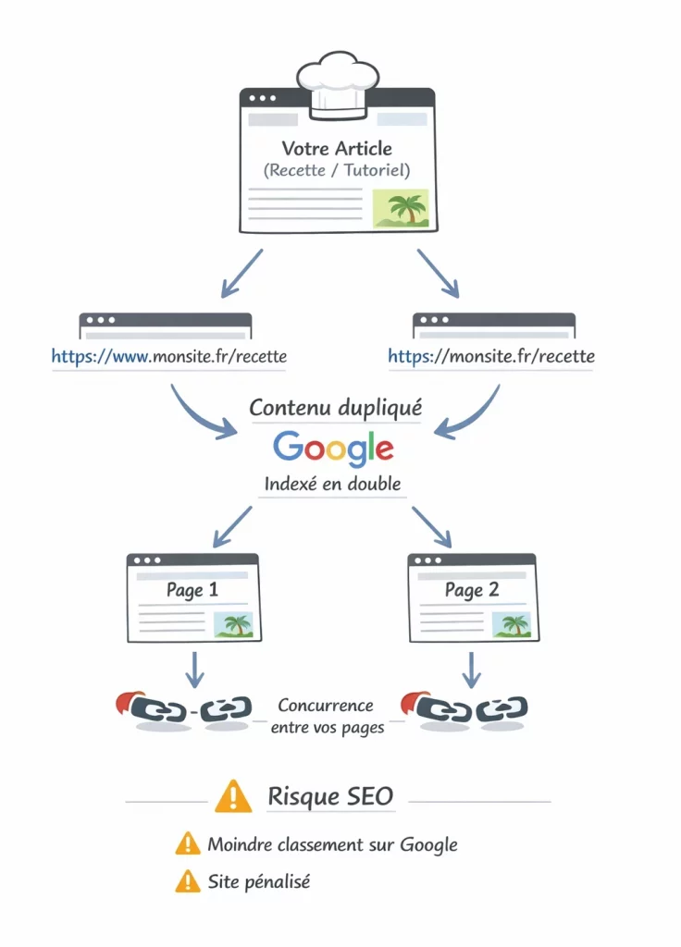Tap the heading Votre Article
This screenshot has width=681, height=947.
click(337, 148)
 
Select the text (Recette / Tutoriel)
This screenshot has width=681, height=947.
click(337, 170)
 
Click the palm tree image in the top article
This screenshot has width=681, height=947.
click(400, 208)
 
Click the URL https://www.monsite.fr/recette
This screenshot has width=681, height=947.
click(168, 356)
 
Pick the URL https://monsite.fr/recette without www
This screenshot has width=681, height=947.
click(491, 356)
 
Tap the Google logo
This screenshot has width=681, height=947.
click(333, 448)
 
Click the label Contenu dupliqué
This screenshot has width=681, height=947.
click(336, 407)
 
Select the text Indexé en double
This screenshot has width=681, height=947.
click(333, 484)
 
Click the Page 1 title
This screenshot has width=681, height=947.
click(192, 589)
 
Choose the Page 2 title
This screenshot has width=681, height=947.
click(471, 589)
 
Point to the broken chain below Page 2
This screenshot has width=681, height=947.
click(467, 709)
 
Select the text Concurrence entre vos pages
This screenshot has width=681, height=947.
click(327, 717)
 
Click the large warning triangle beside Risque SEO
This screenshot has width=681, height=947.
click(232, 796)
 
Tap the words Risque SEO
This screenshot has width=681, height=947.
click(330, 796)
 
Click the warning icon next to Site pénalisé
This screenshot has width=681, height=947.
click(188, 882)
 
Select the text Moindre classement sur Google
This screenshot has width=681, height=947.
click(332, 843)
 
